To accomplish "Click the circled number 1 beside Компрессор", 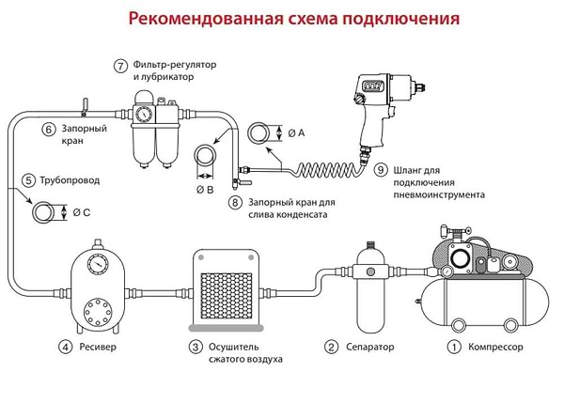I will (x=454, y=347).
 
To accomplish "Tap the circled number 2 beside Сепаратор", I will (x=331, y=347).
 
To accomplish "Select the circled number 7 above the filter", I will (x=120, y=66).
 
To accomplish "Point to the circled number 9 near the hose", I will (x=381, y=170).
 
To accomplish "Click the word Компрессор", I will (x=503, y=347).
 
